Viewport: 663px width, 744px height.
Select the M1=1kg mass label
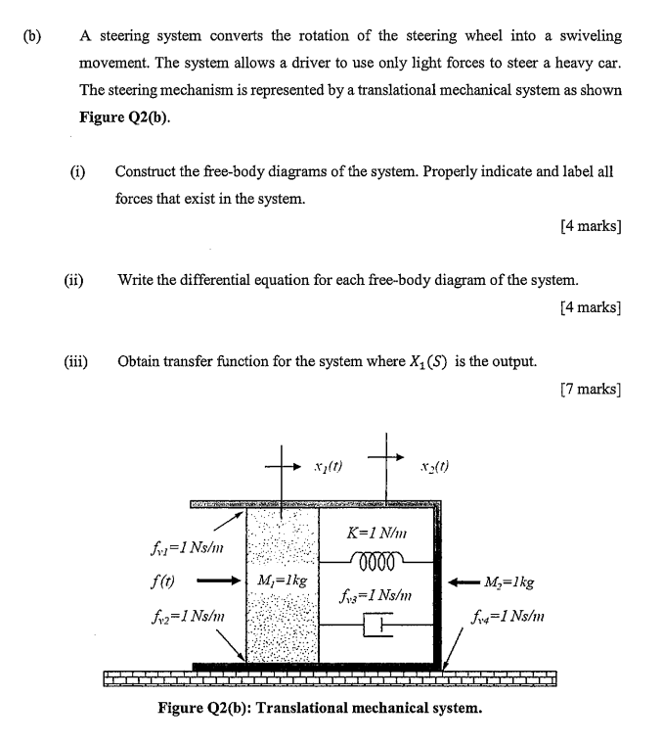pos(282,580)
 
